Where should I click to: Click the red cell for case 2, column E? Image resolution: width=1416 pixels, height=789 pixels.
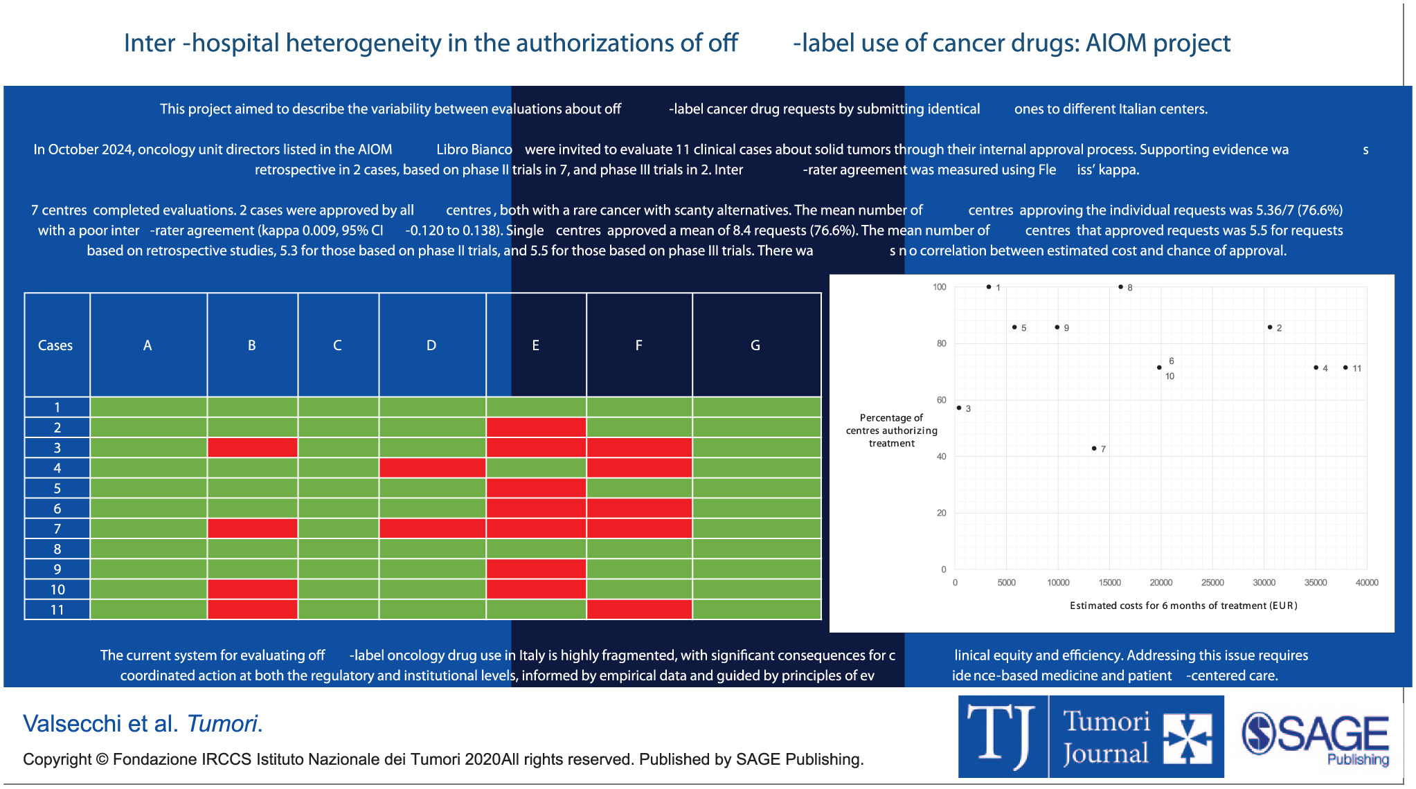point(536,427)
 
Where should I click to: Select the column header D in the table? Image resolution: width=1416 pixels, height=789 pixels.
point(431,345)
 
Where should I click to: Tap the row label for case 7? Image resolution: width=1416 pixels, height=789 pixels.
point(57,529)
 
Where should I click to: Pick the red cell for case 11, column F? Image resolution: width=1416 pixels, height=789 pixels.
point(638,609)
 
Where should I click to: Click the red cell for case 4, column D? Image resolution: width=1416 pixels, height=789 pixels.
point(432,468)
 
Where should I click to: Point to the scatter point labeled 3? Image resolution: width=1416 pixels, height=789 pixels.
point(959,408)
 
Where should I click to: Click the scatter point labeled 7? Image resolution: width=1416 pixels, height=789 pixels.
point(1094,448)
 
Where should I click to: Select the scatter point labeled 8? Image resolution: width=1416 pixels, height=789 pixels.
point(1120,287)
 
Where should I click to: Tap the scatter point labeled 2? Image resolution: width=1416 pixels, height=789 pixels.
point(1270,327)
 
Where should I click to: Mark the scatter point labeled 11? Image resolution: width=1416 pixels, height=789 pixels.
point(1345,368)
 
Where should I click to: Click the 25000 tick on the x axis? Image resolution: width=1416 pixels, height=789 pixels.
point(1212,583)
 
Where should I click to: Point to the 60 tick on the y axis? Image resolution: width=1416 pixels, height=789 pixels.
point(942,400)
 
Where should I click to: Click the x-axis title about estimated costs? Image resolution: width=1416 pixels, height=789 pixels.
point(1183,606)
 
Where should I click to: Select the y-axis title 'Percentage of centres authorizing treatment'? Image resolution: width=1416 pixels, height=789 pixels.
point(891,430)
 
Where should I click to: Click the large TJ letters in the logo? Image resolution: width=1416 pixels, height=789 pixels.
point(1001,736)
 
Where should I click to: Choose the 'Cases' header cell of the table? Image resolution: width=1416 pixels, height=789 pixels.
point(55,345)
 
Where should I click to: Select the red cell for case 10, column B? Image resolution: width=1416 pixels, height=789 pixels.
point(252,589)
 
